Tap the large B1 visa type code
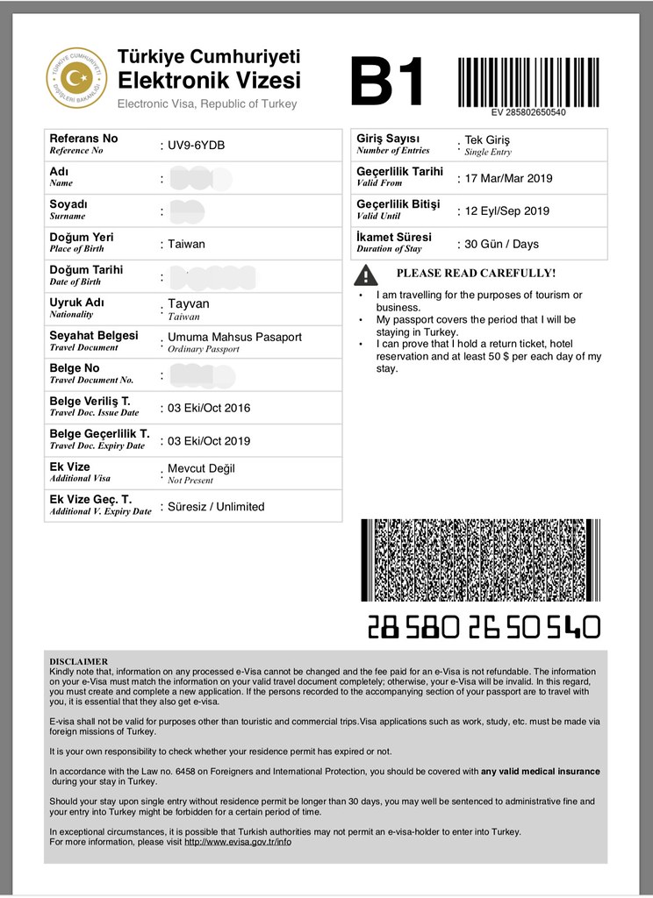click(x=387, y=82)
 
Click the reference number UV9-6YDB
click(x=196, y=145)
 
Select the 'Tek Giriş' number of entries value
click(x=487, y=140)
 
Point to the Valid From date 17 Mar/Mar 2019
click(x=508, y=178)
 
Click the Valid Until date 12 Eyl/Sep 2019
click(x=507, y=210)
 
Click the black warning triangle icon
click(x=366, y=275)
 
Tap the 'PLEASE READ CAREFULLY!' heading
click(x=476, y=273)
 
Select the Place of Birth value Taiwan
click(x=186, y=244)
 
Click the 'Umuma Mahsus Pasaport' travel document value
click(x=234, y=337)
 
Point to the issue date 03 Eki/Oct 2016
click(x=209, y=408)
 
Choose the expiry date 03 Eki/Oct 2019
click(x=209, y=440)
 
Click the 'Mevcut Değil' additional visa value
click(x=201, y=468)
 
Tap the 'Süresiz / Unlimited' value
click(x=216, y=506)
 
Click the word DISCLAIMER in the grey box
click(x=79, y=661)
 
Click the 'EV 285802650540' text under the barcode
click(x=527, y=113)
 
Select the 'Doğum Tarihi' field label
click(x=86, y=270)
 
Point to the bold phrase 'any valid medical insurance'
click(x=541, y=771)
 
